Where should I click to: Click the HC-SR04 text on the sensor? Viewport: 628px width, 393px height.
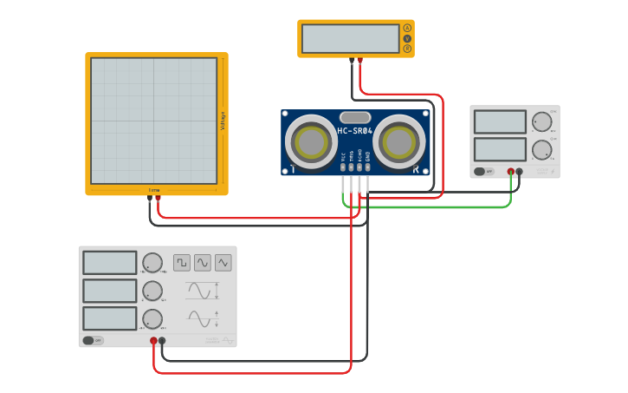tap(356, 131)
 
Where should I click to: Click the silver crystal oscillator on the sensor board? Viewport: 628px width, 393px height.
tap(355, 117)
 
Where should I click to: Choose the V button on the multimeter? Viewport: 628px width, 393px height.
tap(407, 39)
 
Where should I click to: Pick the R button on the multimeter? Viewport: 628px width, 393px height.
tap(407, 49)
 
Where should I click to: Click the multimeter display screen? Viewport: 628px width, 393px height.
tap(351, 38)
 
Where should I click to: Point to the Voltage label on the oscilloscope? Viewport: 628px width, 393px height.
tap(223, 121)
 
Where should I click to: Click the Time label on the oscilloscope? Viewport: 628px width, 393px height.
tap(154, 189)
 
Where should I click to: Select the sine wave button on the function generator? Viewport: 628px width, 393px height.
tap(203, 262)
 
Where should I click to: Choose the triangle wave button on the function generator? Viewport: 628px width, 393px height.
tap(223, 262)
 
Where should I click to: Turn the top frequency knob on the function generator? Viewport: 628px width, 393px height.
tap(152, 263)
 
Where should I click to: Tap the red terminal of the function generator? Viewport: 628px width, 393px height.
tap(153, 341)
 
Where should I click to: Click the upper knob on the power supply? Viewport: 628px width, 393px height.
tap(542, 121)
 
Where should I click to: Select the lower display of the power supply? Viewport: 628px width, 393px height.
tap(500, 149)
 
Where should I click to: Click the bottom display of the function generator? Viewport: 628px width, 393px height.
tap(110, 318)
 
